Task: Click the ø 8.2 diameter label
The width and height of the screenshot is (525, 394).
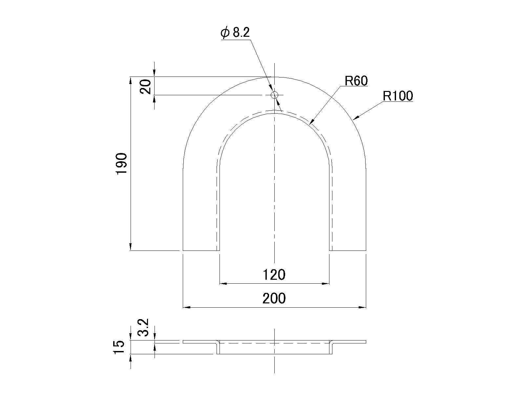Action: coord(235,33)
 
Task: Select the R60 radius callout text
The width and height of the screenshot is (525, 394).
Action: coord(356,81)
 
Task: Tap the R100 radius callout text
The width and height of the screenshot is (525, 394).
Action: coord(398,96)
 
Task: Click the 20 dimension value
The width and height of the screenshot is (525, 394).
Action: coord(146,86)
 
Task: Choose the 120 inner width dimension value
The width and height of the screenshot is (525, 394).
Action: coord(274,274)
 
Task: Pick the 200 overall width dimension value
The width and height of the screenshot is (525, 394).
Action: coord(274,298)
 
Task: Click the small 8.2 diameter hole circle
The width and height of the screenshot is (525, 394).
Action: coord(274,95)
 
